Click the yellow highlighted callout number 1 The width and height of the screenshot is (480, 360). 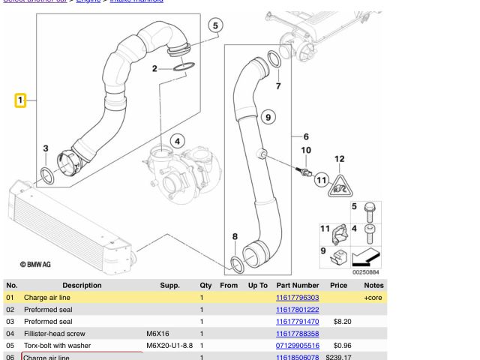(x=21, y=100)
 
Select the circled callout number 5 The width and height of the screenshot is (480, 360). (x=215, y=26)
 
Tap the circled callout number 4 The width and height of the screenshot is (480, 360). (x=178, y=141)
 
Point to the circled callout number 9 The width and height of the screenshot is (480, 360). (x=267, y=116)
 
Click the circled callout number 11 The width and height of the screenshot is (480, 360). (x=322, y=179)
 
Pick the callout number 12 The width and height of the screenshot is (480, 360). (x=339, y=159)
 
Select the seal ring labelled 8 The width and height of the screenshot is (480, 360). (x=236, y=263)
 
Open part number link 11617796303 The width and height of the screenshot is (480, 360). (x=297, y=298)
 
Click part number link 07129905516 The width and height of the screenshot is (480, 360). (x=297, y=346)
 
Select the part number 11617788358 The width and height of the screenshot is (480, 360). (x=297, y=334)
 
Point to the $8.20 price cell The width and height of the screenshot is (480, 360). (x=342, y=322)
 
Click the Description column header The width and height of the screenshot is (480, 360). (x=82, y=285)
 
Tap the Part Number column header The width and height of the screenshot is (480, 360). (x=297, y=285)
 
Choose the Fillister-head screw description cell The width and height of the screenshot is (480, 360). (x=55, y=334)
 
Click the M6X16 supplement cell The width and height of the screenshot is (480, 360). (x=157, y=334)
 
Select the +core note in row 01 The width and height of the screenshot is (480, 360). (x=373, y=298)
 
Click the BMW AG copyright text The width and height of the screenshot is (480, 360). (x=35, y=264)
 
